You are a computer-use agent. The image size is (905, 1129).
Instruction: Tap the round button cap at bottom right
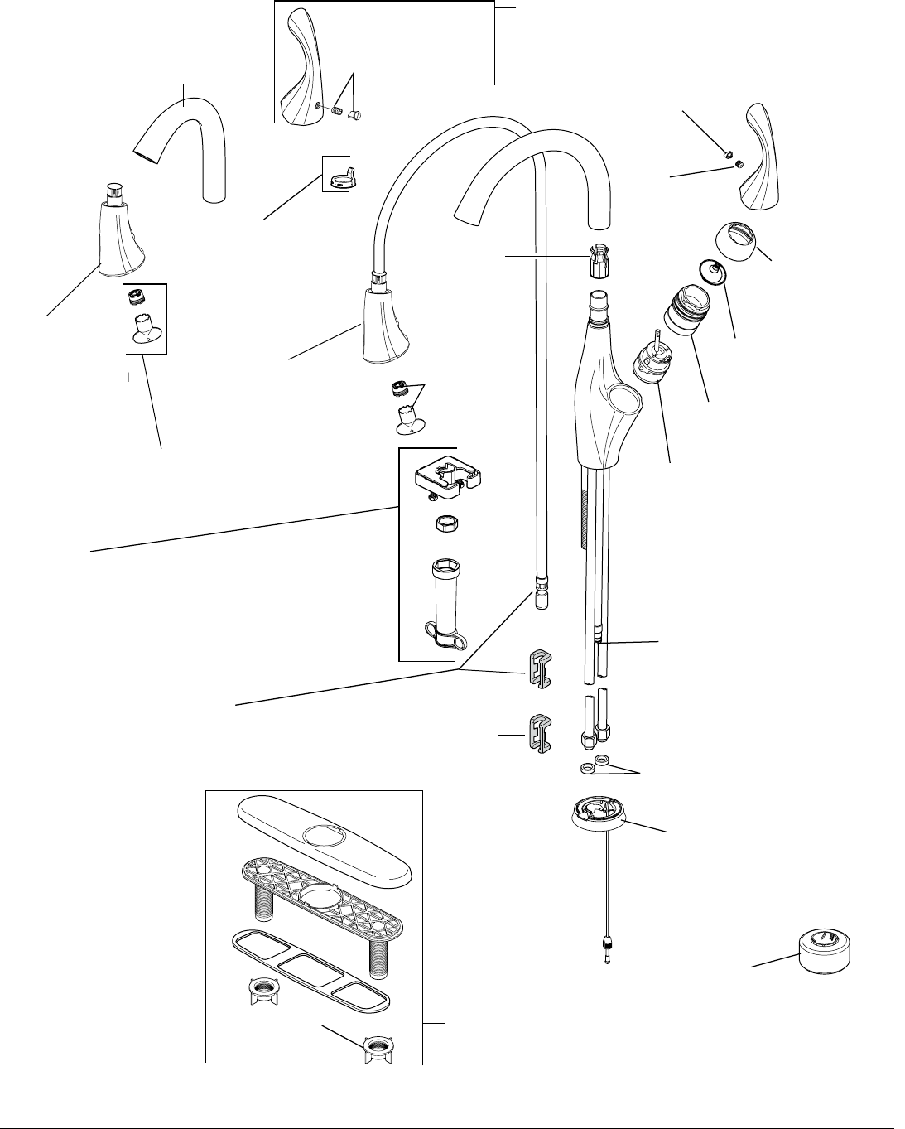(x=824, y=949)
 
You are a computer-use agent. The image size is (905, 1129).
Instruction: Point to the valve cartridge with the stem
(x=649, y=364)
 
